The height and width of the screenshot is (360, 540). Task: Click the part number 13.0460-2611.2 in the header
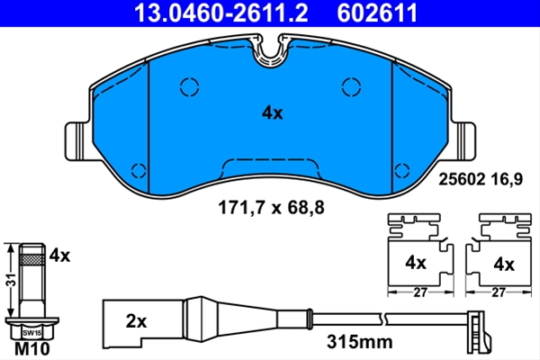tap(220, 13)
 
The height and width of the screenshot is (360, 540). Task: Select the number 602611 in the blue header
tap(377, 13)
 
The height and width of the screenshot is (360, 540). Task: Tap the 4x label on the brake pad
tap(272, 113)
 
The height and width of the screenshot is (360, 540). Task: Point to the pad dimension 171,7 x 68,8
tap(272, 208)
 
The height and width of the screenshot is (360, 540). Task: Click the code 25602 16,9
tap(481, 179)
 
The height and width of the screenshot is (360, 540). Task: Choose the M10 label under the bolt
tap(32, 348)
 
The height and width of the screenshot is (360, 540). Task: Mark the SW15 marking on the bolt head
tap(31, 333)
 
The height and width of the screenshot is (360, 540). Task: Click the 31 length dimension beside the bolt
tap(12, 280)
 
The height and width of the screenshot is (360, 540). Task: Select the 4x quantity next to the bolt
tap(59, 256)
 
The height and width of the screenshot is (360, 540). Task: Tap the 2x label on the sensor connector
tap(136, 321)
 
